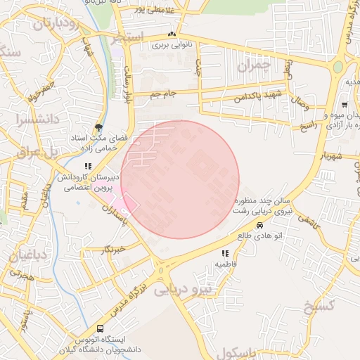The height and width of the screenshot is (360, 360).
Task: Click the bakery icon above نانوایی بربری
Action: pos(172,34)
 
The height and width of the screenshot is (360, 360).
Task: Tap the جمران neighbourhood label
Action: pos(254,67)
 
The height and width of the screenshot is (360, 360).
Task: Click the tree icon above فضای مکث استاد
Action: pos(98,127)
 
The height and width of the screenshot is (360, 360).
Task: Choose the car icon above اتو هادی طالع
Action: pos(260,226)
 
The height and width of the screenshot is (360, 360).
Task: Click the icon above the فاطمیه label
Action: pos(225,253)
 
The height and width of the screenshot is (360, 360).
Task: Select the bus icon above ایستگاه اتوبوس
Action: pos(100,328)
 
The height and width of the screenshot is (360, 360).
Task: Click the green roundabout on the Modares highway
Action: pos(338,67)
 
